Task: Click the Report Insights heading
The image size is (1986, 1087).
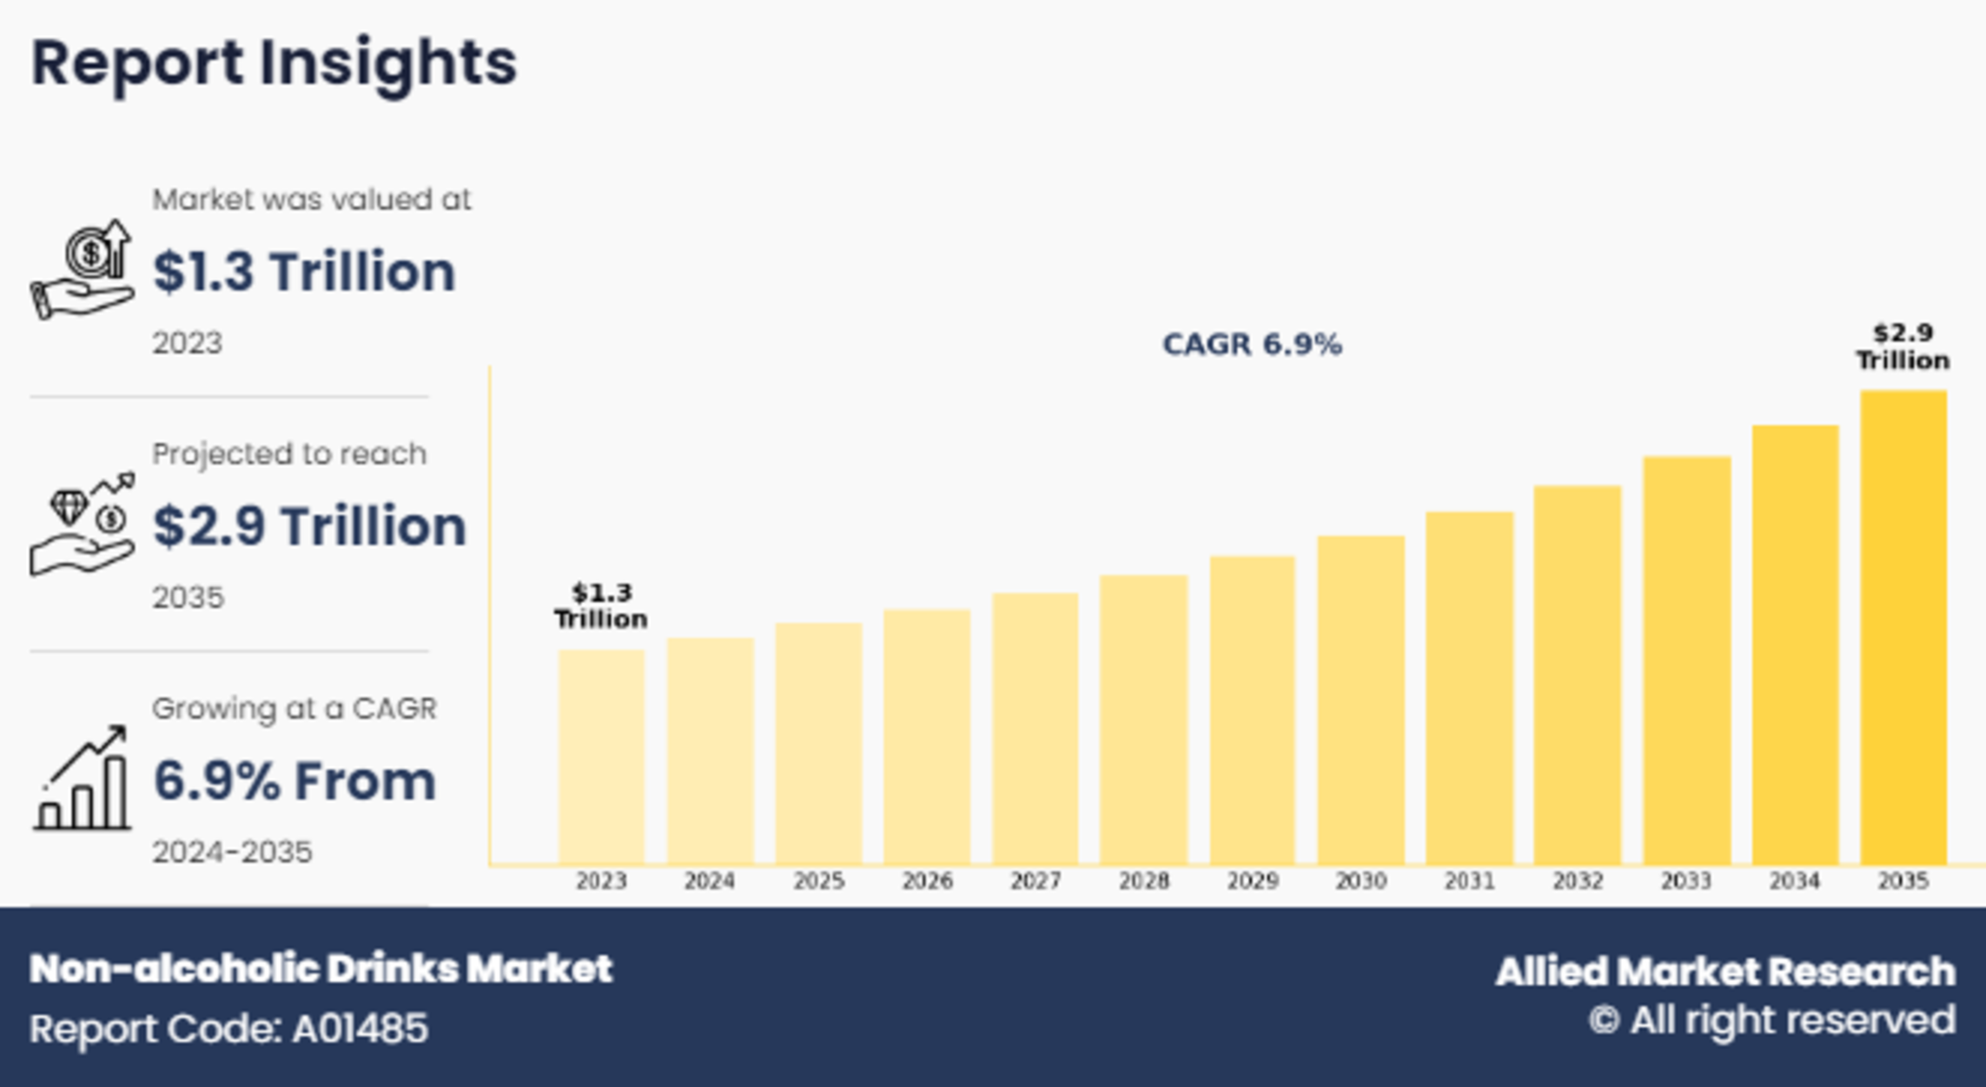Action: pos(274,63)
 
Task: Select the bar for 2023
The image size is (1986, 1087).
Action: pos(601,755)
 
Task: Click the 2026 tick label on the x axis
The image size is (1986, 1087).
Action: pos(927,881)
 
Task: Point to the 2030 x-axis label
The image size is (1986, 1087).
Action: pos(1360,881)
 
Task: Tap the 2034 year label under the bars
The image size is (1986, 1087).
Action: pos(1794,881)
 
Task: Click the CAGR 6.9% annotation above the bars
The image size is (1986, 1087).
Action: pos(1252,345)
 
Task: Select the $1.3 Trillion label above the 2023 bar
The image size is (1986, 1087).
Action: pos(601,606)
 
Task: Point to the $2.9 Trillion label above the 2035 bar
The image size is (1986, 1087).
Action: pos(1903,346)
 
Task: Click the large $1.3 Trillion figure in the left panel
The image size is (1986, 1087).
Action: pos(304,272)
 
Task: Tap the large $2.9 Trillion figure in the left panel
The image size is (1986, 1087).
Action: pos(309,526)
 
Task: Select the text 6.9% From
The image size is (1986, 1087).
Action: pos(295,781)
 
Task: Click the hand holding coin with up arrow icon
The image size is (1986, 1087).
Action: pos(83,269)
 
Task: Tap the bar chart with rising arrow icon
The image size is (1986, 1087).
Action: pos(83,778)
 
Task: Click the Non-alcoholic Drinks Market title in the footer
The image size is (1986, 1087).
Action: pos(321,969)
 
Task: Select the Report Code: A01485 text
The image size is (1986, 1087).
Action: pos(229,1029)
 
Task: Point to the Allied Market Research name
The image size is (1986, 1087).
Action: pos(1725,972)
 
